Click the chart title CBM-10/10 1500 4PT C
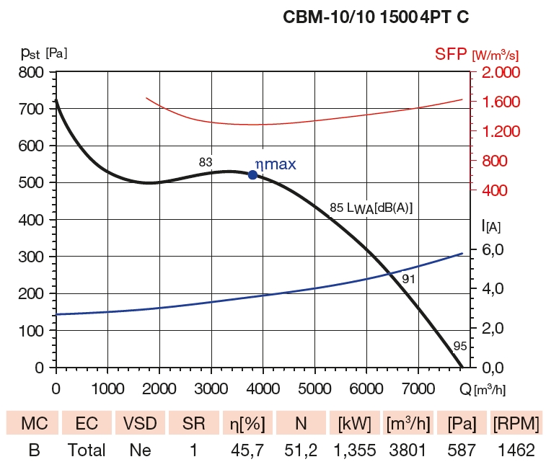tap(377, 18)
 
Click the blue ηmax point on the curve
tap(252, 174)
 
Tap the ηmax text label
tap(276, 164)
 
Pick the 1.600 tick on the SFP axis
tap(497, 102)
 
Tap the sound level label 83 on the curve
tap(206, 163)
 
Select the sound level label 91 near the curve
tap(409, 277)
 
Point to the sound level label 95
tap(460, 346)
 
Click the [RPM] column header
tap(514, 422)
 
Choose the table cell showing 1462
tap(514, 450)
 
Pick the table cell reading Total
tap(87, 450)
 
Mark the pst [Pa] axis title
tap(44, 53)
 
